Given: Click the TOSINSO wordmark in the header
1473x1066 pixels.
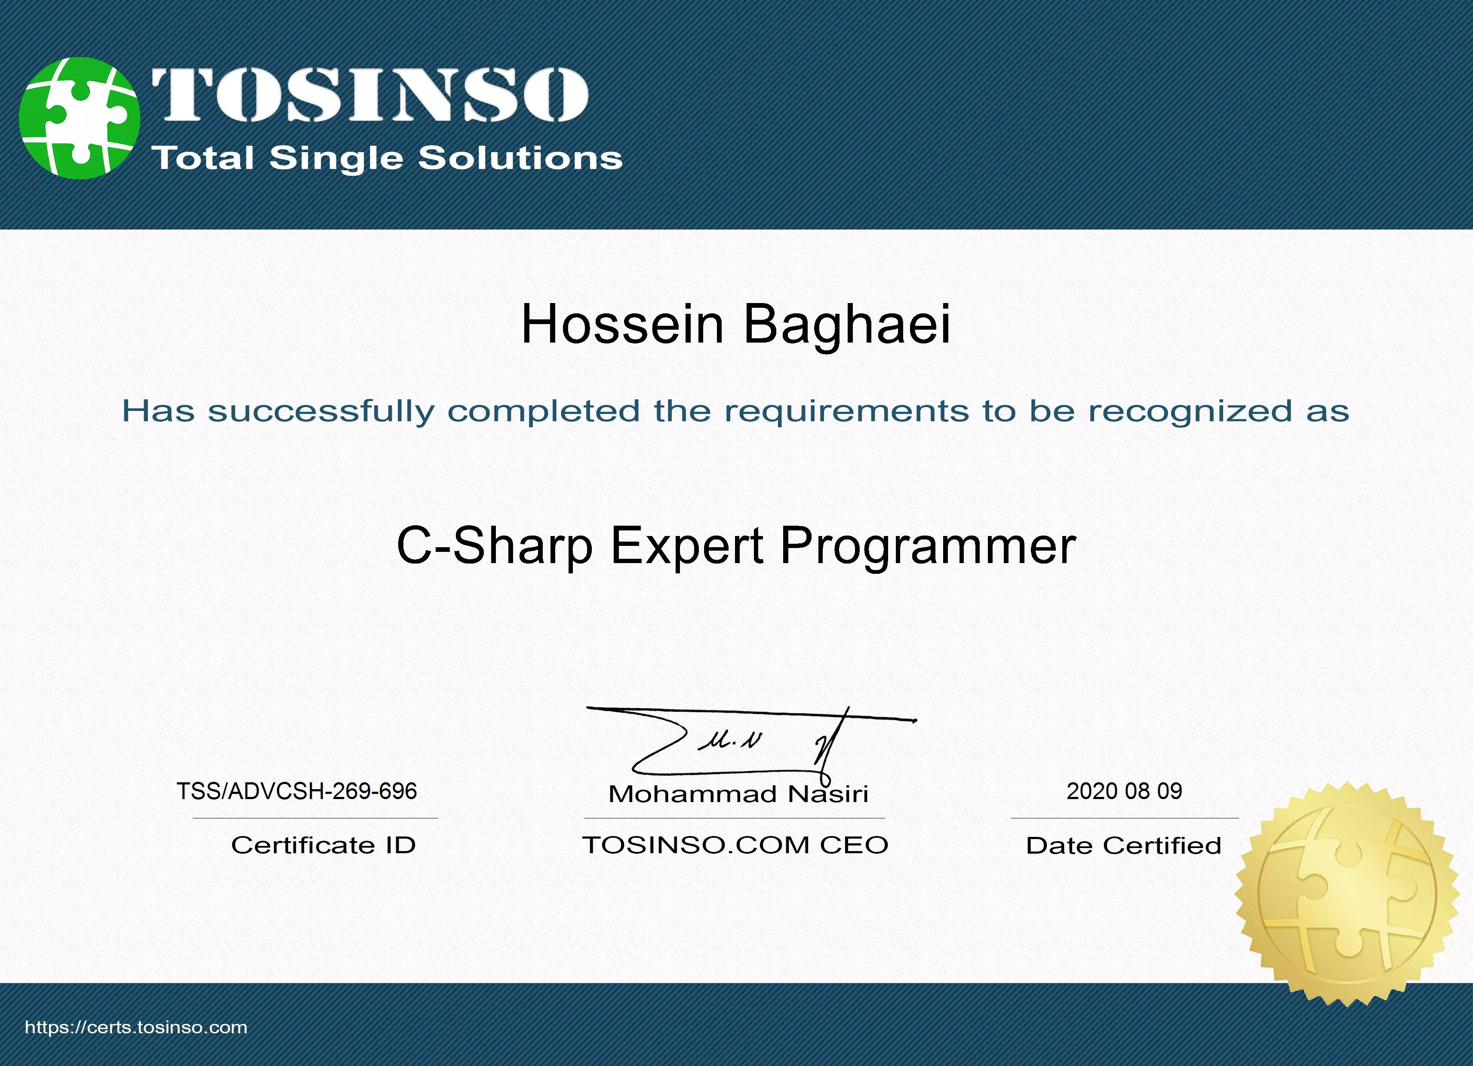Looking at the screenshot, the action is [x=370, y=95].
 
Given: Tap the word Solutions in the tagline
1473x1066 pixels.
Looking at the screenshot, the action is [x=520, y=158].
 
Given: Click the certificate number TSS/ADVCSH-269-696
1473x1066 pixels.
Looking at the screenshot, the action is [x=297, y=791].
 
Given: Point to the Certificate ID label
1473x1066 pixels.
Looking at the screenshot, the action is [x=323, y=845].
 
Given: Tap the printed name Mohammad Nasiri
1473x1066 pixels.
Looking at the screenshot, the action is [x=738, y=794].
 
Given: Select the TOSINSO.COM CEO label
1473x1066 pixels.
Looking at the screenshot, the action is [x=735, y=845].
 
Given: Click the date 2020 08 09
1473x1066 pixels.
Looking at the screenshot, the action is [x=1124, y=791].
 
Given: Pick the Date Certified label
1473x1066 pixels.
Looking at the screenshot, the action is [x=1124, y=845].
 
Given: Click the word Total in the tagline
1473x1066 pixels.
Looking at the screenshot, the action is [x=202, y=158].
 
